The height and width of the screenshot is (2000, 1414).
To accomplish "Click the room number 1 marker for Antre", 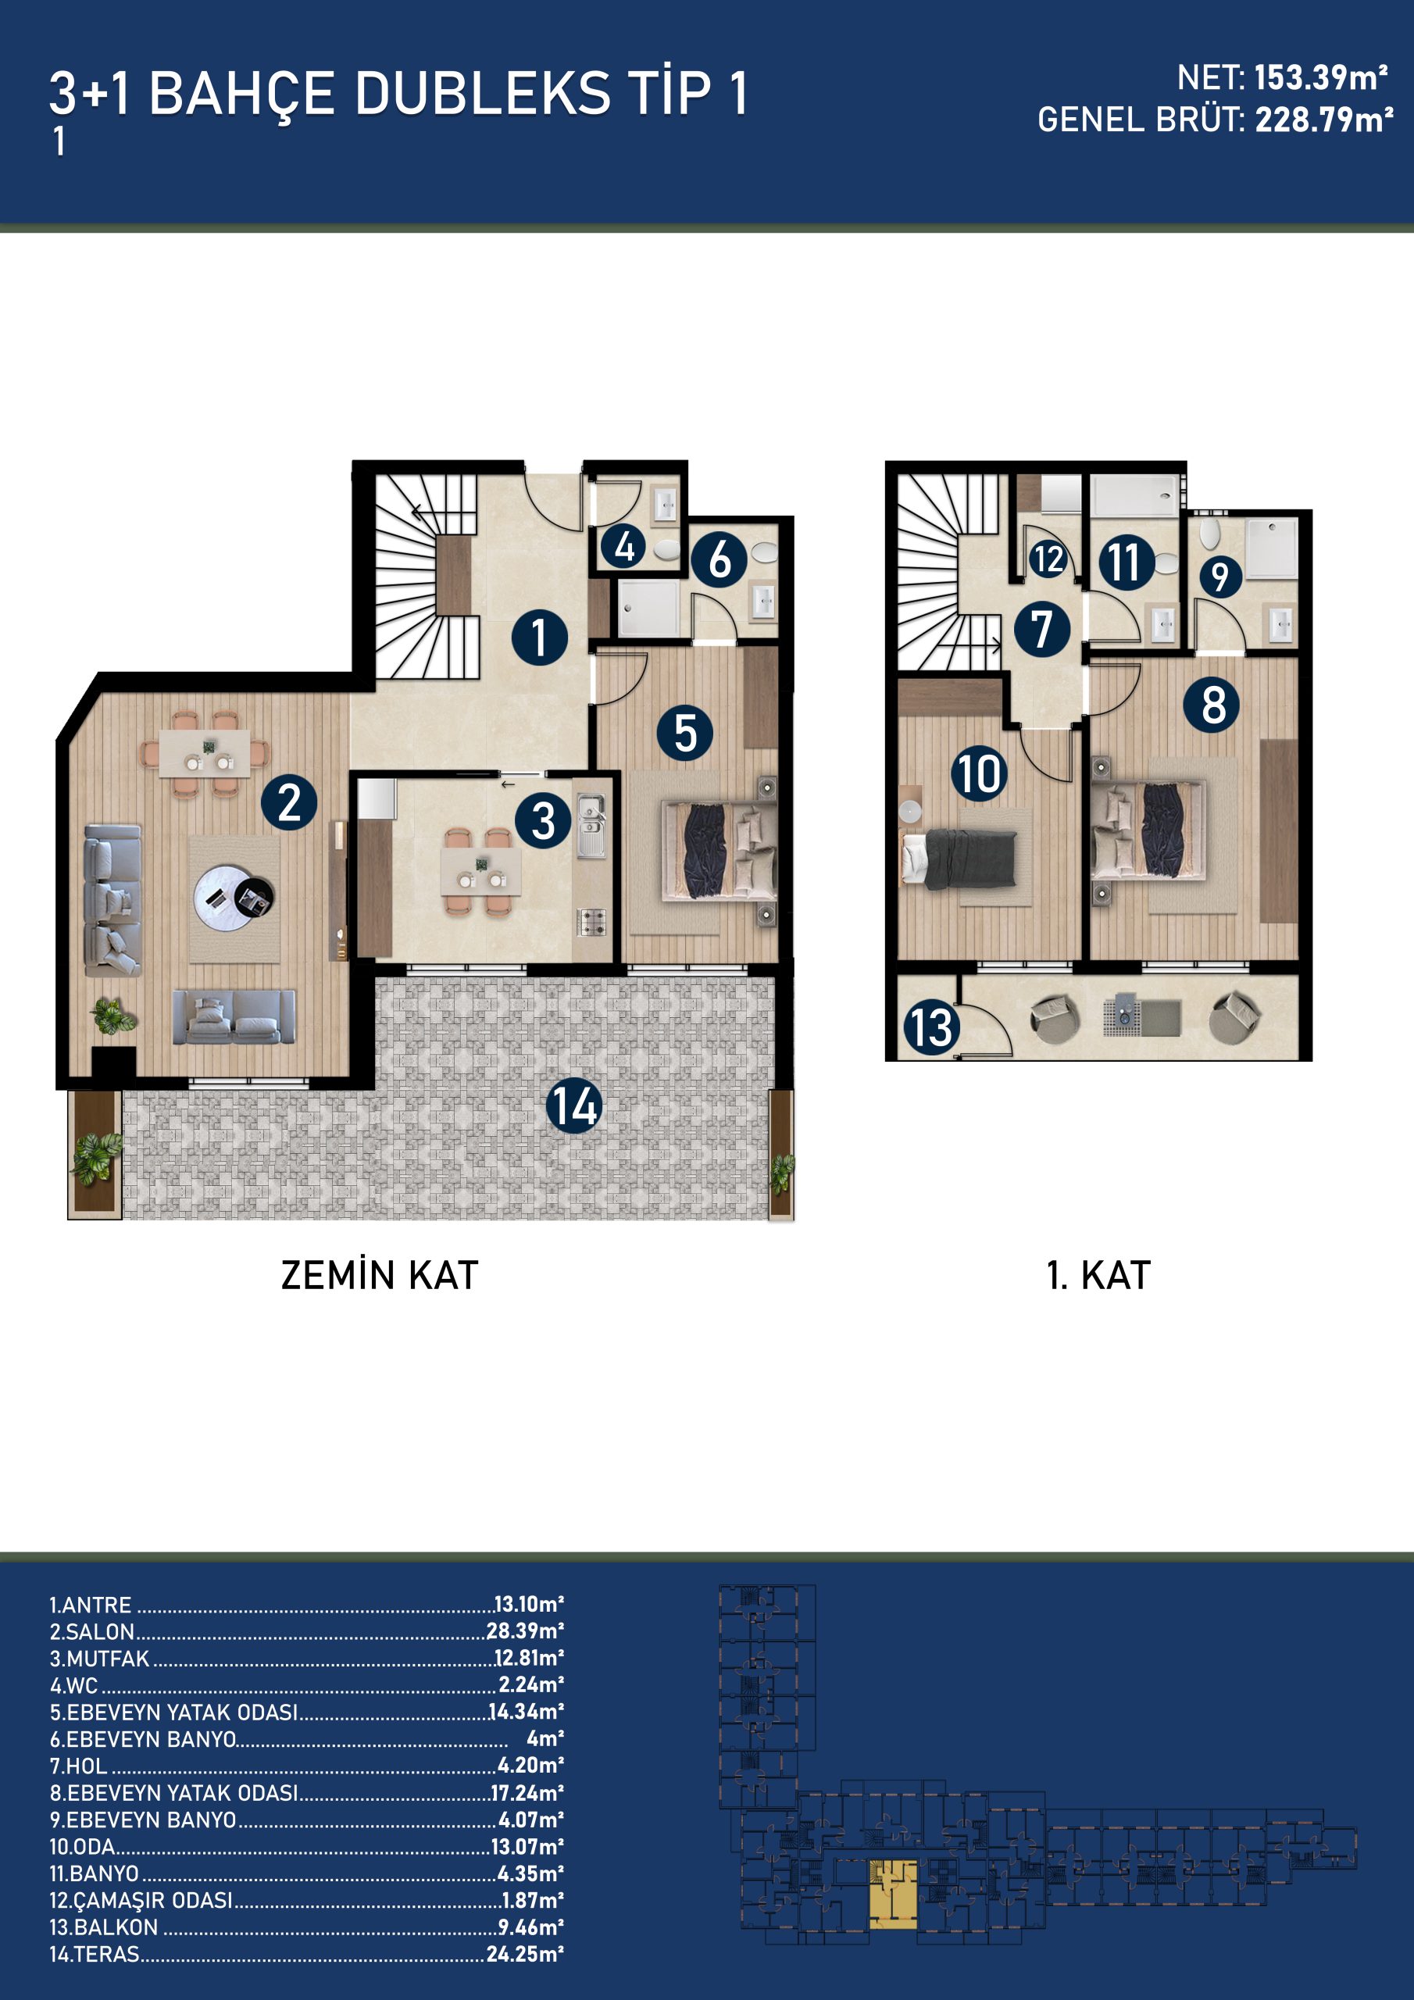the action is (x=539, y=637).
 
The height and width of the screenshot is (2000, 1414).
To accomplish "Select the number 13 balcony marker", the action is (x=931, y=1027).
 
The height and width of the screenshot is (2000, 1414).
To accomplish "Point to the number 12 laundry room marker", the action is (x=1048, y=559).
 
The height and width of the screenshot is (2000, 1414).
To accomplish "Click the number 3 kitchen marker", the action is (x=543, y=820).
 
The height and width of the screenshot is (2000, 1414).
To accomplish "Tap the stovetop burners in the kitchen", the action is (x=591, y=923).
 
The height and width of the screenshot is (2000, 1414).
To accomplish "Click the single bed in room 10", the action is (x=959, y=859).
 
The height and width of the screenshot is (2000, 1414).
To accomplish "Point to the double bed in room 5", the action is (x=719, y=849).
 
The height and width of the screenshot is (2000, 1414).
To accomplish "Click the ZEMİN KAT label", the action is (x=379, y=1275).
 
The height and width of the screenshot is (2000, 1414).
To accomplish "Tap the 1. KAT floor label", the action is (x=1098, y=1275).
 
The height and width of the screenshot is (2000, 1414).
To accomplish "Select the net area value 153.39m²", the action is (x=1321, y=78).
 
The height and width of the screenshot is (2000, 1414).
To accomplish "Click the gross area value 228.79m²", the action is (x=1323, y=120).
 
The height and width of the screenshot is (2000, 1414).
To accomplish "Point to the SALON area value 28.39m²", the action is (x=524, y=1630).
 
